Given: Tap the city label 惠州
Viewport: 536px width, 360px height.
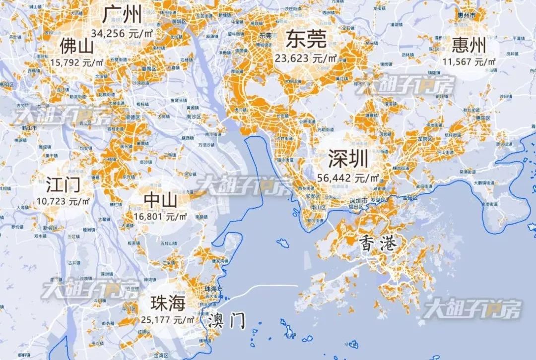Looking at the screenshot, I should tap(469, 46).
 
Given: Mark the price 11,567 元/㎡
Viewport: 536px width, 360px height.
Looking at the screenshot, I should tap(469, 62).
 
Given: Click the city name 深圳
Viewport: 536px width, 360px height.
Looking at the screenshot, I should tap(348, 160).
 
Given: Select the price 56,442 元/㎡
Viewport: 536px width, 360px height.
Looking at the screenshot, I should tap(348, 178).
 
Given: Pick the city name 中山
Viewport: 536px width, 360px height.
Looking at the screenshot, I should tap(160, 200).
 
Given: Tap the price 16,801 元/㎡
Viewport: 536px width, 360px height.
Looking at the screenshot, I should tap(160, 217).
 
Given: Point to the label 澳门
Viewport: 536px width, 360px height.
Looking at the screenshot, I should tap(227, 320).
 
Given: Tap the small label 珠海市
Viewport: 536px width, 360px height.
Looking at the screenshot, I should tap(214, 289).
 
